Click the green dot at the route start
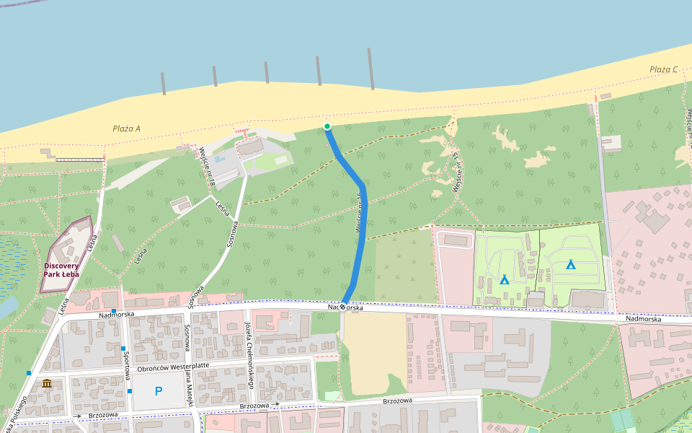tap(327, 127)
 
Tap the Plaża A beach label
tap(127, 129)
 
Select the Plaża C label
tap(663, 69)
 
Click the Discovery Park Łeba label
tap(61, 270)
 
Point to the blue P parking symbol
tap(159, 391)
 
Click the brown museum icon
tap(47, 383)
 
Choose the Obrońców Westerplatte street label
tap(173, 366)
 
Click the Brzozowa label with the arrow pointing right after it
tap(257, 406)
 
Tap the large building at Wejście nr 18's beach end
tap(251, 148)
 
